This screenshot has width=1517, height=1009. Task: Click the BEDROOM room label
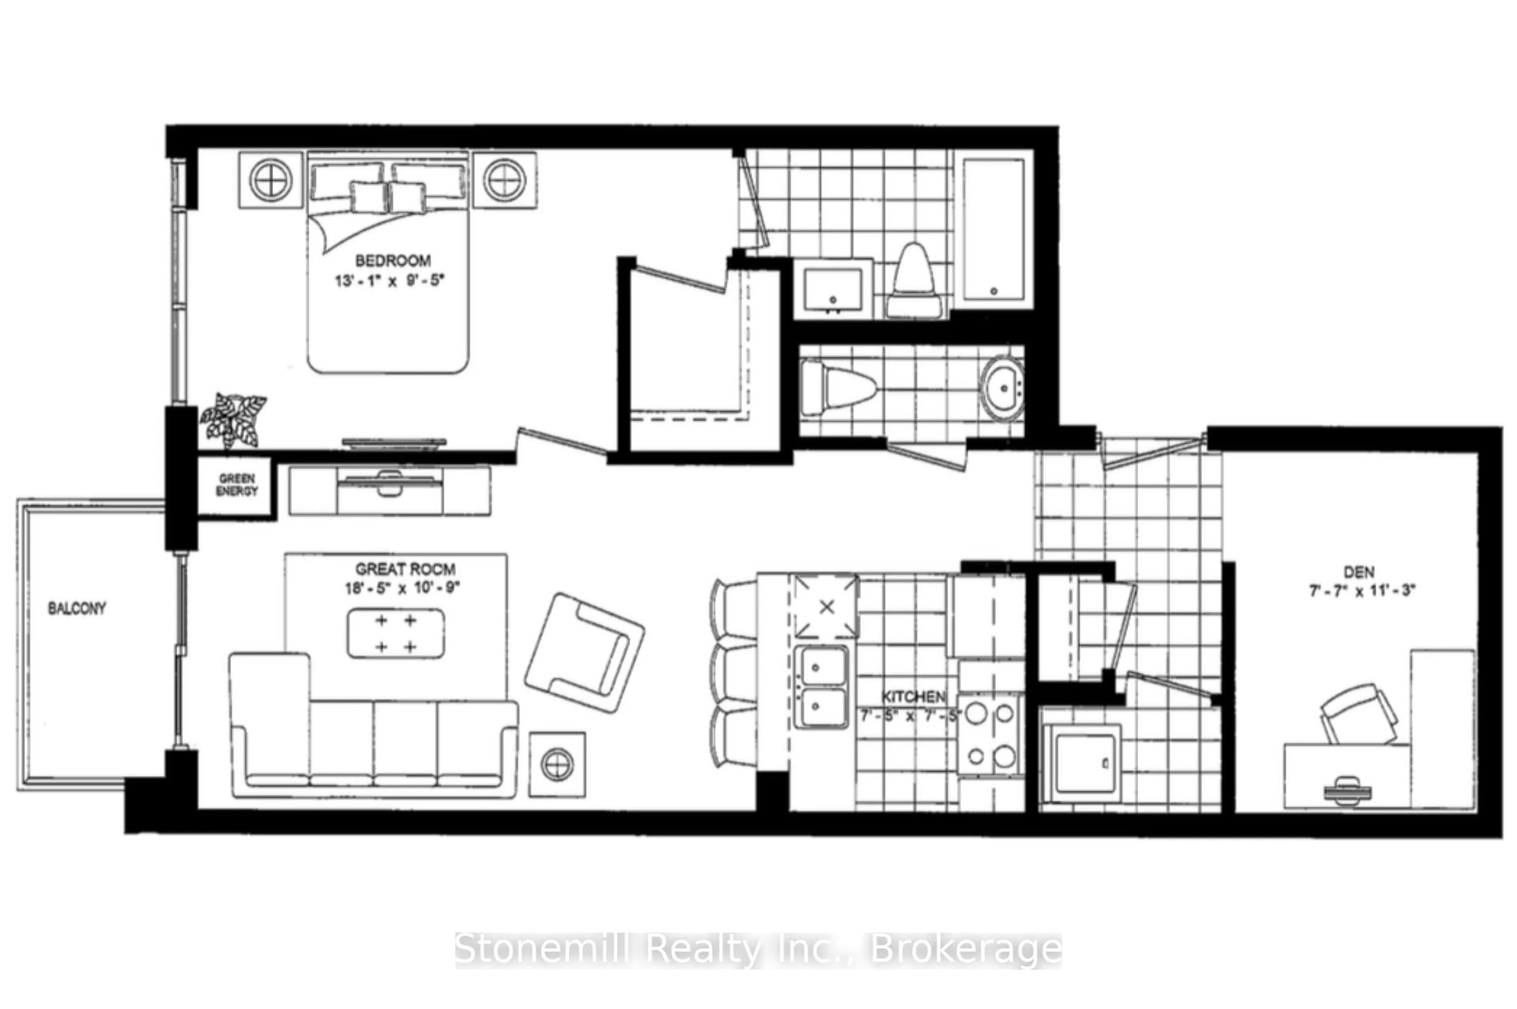392,261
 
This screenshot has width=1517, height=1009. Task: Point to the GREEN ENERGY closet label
237,485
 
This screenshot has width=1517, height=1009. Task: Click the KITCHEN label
913,696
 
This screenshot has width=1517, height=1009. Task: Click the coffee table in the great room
395,634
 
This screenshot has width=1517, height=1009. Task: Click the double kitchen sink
820,687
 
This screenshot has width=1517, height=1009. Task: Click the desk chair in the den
1359,713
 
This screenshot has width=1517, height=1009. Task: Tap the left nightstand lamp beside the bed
271,179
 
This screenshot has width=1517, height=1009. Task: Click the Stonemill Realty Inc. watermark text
758,950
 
